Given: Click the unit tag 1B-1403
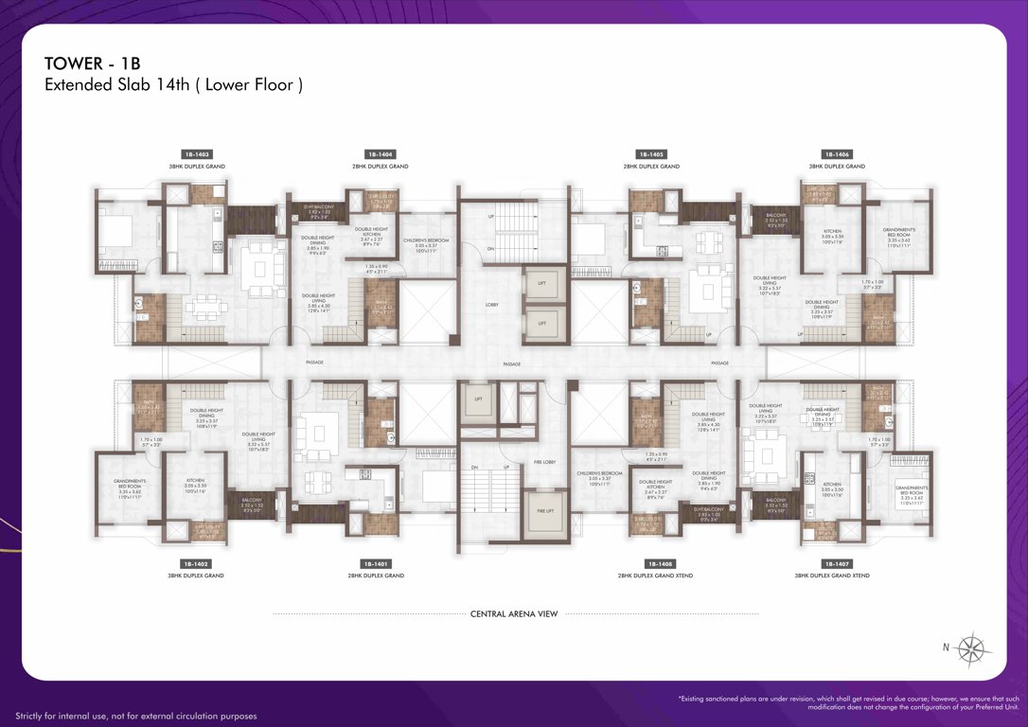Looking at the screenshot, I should [x=196, y=153].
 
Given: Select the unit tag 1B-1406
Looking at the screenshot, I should [x=836, y=153].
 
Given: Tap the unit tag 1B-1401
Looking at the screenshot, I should [x=376, y=563].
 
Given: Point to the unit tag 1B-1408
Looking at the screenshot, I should [x=655, y=563].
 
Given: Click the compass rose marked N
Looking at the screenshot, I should [x=970, y=648].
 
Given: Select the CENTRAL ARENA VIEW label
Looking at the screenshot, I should [x=514, y=613].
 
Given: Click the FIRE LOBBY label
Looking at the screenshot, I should [x=543, y=460].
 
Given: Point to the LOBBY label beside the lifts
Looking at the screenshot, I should [x=491, y=305].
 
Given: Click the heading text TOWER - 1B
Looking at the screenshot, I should [x=92, y=63].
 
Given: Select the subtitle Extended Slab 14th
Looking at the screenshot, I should [x=173, y=85].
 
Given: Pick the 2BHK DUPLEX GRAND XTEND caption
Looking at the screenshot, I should [x=655, y=576].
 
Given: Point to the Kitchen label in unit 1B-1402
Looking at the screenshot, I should [x=194, y=484].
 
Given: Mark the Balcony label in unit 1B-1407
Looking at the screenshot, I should [x=775, y=503].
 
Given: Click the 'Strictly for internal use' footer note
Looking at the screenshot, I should [x=135, y=716].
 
